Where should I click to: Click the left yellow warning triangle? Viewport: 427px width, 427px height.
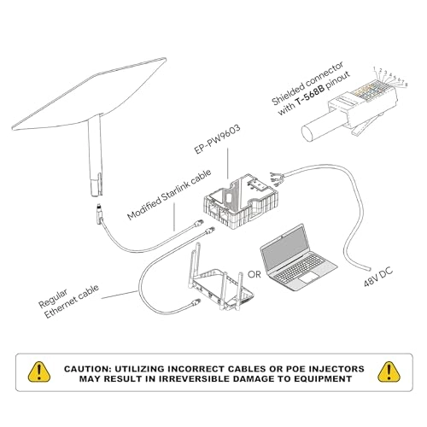coord(38,371)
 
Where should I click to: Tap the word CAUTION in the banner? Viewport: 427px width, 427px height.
coord(90,368)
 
